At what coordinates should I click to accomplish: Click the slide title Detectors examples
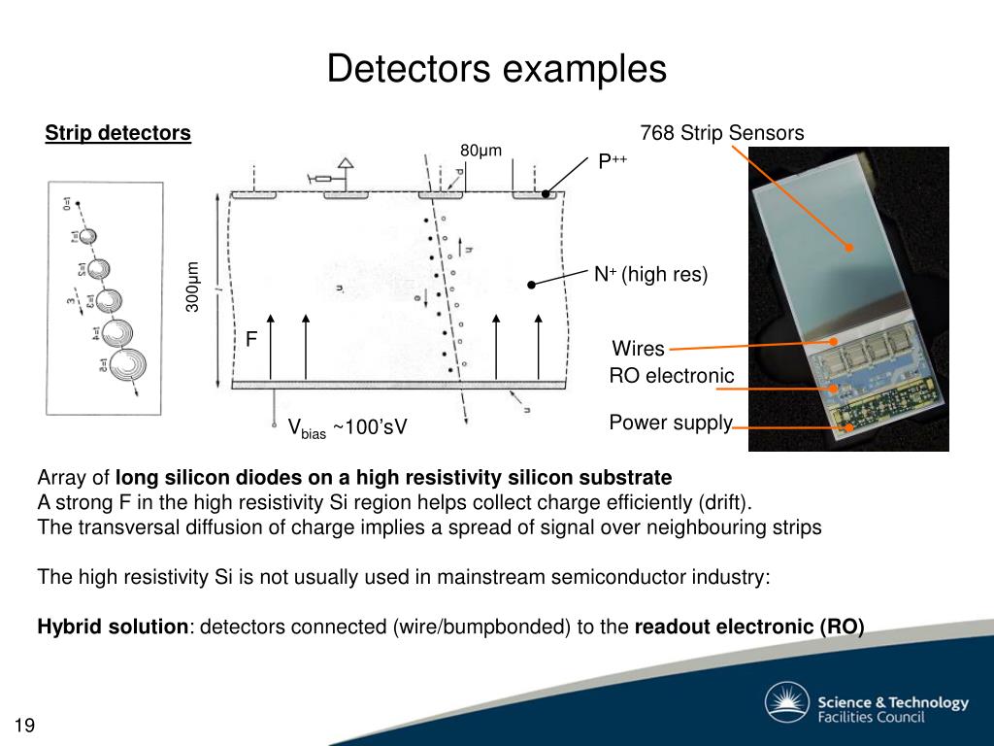496,70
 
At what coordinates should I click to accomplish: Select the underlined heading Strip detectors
117,133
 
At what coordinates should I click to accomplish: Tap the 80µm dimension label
480,150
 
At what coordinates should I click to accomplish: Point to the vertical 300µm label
192,287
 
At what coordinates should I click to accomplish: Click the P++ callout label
612,162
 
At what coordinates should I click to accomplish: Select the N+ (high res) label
651,275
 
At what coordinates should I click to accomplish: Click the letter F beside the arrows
250,339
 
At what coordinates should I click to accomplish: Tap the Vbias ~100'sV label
347,428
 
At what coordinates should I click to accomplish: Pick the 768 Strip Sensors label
722,133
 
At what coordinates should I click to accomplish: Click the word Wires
638,349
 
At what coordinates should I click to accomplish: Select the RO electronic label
671,376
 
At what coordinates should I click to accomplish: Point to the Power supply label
670,423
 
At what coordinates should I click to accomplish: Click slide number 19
24,726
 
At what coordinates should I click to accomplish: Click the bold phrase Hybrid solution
113,627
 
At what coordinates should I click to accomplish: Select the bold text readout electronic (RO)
748,627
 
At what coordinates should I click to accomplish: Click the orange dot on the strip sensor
849,248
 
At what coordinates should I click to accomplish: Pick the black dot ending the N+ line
532,284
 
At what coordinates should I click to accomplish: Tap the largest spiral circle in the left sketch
124,364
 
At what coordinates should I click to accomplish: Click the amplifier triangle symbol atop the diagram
346,164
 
